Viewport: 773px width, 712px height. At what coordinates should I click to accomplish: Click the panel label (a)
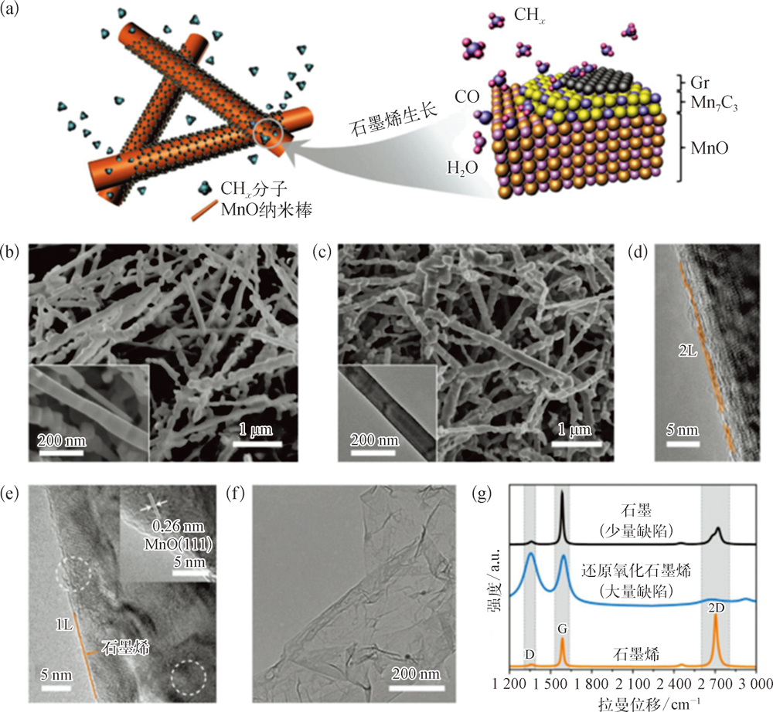[13, 12]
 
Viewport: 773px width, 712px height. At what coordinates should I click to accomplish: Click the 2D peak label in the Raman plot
[717, 607]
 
